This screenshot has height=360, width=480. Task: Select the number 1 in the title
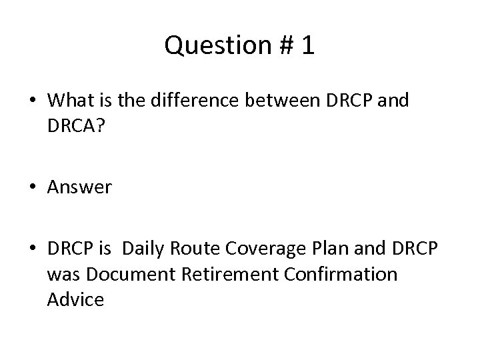click(x=307, y=46)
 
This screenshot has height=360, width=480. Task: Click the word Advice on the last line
click(x=75, y=299)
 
